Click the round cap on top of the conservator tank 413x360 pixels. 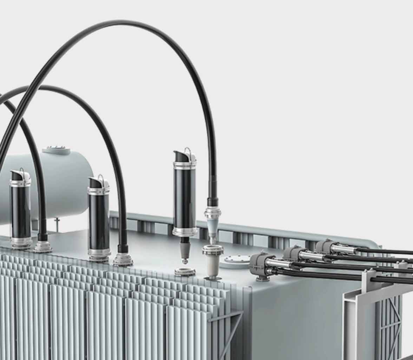click(x=56, y=151)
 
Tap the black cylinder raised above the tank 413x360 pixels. click(x=185, y=198)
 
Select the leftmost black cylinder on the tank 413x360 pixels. click(x=20, y=211)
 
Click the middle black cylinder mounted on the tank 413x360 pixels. click(x=99, y=220)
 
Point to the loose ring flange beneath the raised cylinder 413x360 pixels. click(x=185, y=271)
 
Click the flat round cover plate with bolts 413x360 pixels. click(x=238, y=260)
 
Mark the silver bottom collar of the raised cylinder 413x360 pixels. click(x=185, y=232)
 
